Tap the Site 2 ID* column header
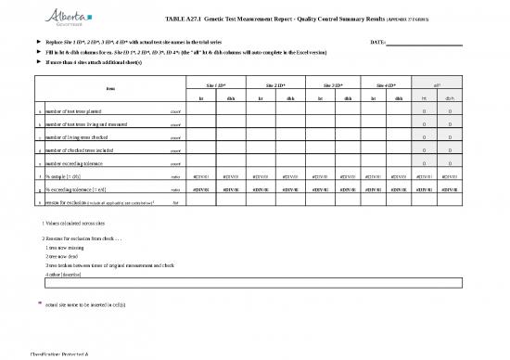tap(276, 83)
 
